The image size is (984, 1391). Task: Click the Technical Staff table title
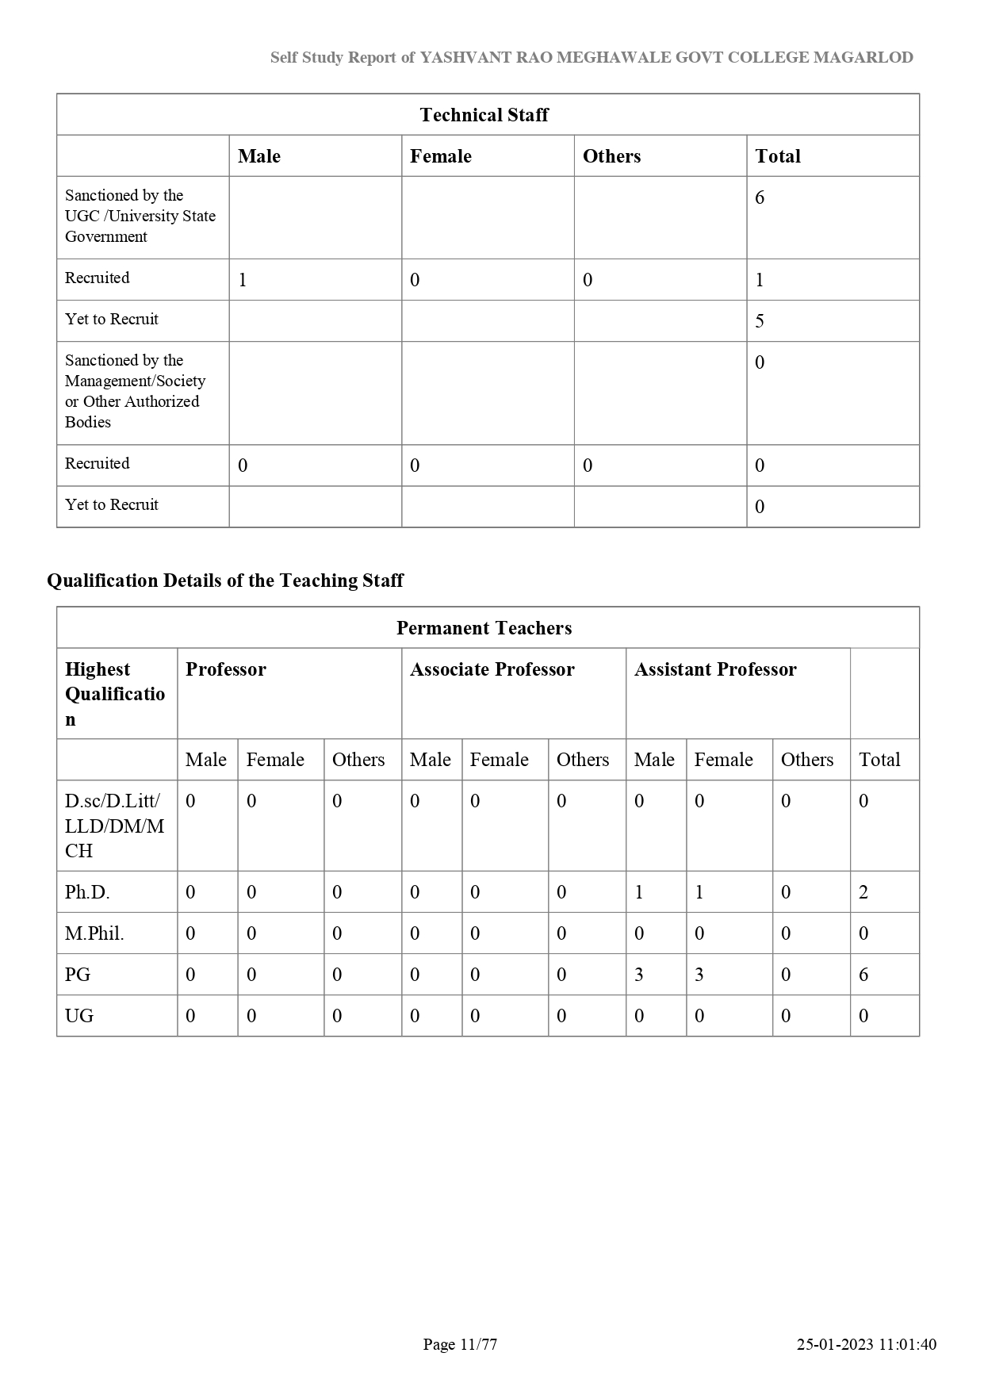click(484, 115)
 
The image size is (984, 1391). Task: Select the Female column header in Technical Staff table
click(441, 156)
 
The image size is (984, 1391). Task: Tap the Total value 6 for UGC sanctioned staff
click(760, 197)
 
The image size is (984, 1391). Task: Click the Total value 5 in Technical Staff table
click(760, 321)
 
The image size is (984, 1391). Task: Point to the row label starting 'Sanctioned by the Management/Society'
click(135, 391)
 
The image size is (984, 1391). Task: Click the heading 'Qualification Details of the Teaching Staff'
click(225, 581)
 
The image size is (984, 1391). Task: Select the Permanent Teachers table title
click(484, 628)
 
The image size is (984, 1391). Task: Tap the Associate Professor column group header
click(492, 669)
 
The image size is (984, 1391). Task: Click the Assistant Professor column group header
click(715, 669)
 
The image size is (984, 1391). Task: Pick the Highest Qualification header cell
click(115, 694)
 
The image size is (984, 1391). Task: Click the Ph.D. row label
click(87, 892)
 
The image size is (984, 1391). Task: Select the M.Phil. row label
click(94, 933)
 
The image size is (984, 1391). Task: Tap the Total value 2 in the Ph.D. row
click(863, 892)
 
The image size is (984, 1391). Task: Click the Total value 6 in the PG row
click(863, 975)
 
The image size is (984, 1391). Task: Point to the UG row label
click(79, 1016)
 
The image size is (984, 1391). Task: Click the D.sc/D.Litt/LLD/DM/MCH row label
click(114, 826)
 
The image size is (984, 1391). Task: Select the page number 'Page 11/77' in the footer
click(460, 1344)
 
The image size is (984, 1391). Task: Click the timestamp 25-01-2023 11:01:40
click(867, 1344)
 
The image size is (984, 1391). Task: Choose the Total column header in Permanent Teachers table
click(879, 760)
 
